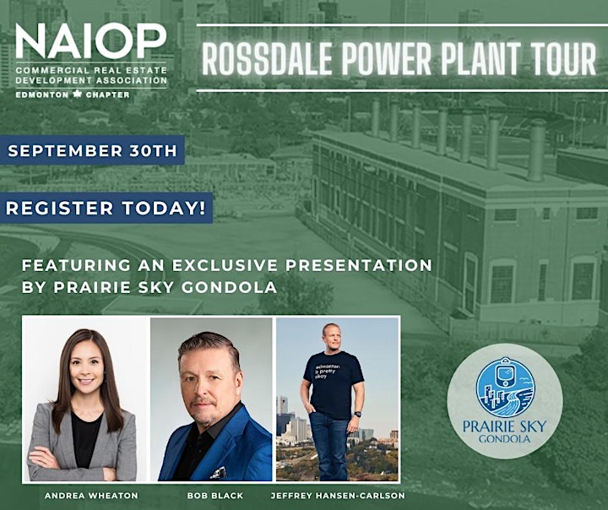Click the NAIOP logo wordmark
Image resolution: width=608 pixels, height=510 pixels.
90,41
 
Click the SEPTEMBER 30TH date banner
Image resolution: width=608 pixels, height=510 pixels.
92,150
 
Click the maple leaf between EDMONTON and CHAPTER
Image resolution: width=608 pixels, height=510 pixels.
77,95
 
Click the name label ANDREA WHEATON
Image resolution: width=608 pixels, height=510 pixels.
91,496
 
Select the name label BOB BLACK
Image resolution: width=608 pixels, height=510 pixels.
214,496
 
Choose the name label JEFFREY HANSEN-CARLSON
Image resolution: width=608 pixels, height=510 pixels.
338,496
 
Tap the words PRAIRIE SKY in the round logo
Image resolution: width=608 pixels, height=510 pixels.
504,426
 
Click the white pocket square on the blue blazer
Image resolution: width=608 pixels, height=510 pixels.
219,473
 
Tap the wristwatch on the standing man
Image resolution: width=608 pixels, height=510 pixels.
357,415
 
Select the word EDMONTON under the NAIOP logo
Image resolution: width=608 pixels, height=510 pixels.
42,95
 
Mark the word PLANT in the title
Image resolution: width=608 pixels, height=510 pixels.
480,58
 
